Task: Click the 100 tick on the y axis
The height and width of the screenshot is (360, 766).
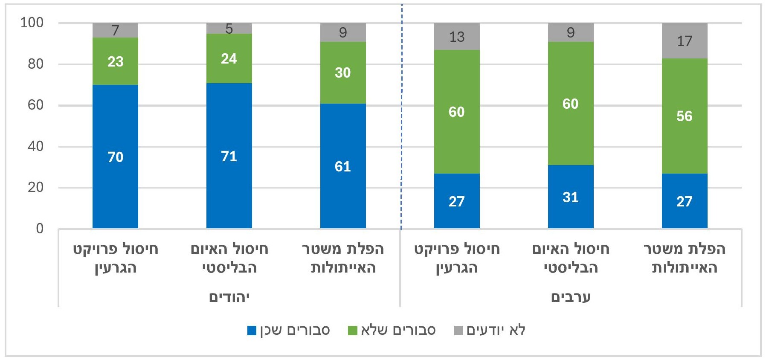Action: [32, 23]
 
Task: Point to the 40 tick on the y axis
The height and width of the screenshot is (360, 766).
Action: [36, 146]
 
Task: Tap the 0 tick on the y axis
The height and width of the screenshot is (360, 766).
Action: [40, 229]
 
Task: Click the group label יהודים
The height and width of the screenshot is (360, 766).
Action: [229, 297]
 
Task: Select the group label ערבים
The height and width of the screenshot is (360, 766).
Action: [571, 297]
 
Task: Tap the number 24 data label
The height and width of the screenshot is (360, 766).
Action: [229, 58]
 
